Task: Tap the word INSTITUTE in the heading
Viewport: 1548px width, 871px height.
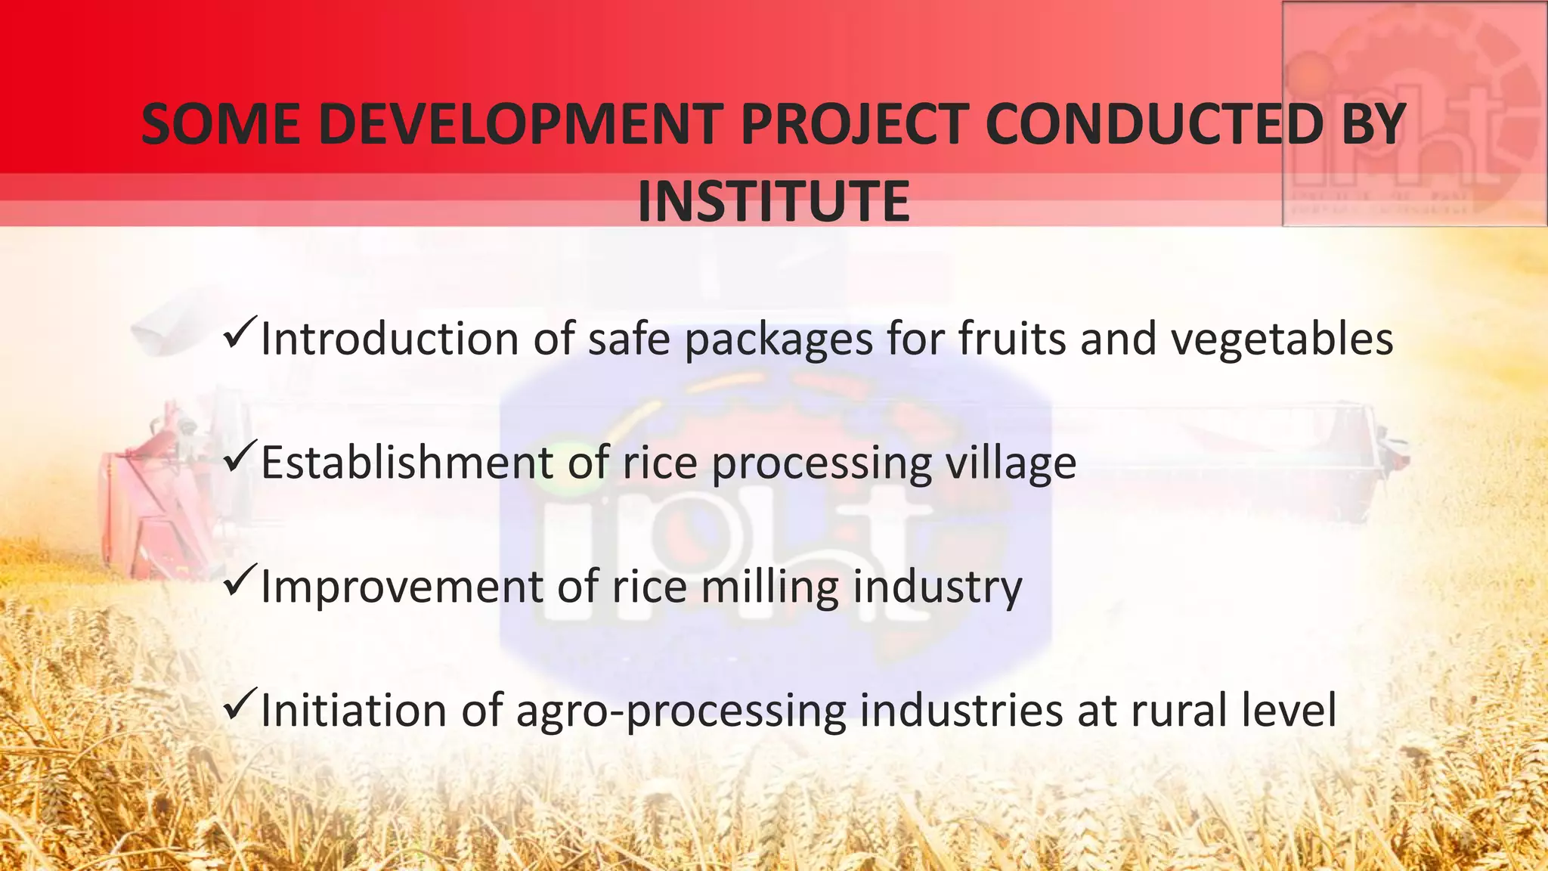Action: [773, 201]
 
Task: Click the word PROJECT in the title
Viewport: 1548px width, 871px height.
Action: [854, 124]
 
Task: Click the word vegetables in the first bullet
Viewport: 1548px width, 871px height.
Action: [1282, 339]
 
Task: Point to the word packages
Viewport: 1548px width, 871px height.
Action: [779, 339]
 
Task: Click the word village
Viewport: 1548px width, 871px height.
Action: [1011, 463]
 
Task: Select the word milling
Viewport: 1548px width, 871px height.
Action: [770, 587]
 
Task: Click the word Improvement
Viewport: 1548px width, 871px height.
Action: [401, 587]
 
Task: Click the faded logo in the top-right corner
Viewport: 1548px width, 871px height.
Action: [1414, 113]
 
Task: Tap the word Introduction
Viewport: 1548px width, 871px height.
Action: [389, 338]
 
